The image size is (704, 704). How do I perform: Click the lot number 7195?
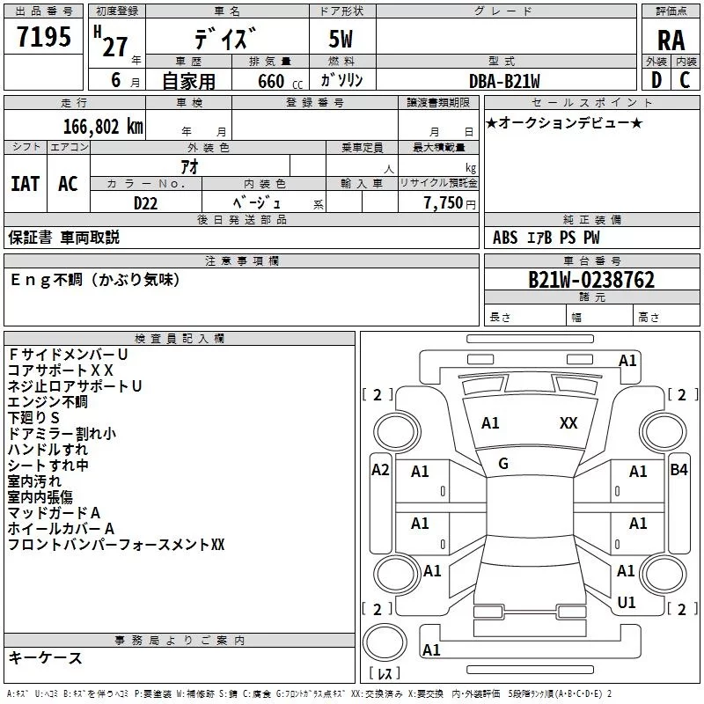(x=43, y=38)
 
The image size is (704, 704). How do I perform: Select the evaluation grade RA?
(x=671, y=40)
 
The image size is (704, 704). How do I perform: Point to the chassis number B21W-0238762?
(x=591, y=281)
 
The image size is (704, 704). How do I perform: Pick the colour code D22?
(x=146, y=202)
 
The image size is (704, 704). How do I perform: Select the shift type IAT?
(x=25, y=183)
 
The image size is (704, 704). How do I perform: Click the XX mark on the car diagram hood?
(x=568, y=423)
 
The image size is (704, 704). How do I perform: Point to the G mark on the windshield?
(x=503, y=464)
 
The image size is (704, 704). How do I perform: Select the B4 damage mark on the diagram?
(x=678, y=470)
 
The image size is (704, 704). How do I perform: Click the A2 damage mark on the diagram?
(x=380, y=470)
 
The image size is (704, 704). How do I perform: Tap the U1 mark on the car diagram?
(x=627, y=603)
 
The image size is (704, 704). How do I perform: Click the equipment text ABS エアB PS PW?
(x=548, y=237)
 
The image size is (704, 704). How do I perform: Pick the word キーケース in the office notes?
(x=46, y=657)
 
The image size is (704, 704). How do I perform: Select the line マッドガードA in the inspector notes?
(x=55, y=513)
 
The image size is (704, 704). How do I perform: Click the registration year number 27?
(x=115, y=47)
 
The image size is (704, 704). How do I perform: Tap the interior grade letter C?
(x=685, y=80)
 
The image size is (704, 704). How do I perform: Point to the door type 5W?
(x=342, y=40)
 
